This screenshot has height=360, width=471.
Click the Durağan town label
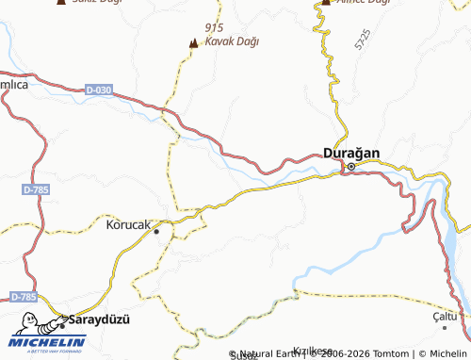(352, 152)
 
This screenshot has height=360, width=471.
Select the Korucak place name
(128, 226)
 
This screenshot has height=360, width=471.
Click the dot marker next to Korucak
(156, 230)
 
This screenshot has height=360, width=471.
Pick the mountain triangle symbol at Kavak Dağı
(194, 42)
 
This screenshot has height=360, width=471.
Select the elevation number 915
(214, 28)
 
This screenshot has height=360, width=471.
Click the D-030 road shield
(98, 90)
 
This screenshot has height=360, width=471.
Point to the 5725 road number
(364, 41)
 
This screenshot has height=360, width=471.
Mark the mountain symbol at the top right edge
(325, 3)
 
